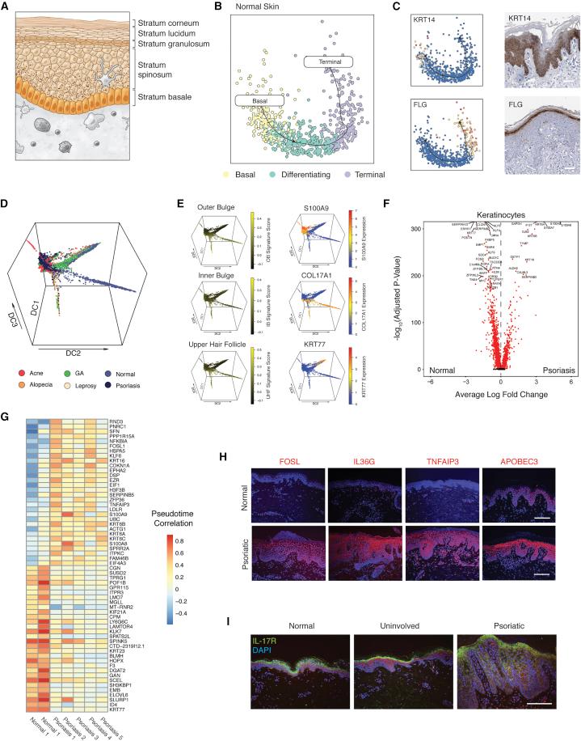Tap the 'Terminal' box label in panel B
(326, 61)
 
